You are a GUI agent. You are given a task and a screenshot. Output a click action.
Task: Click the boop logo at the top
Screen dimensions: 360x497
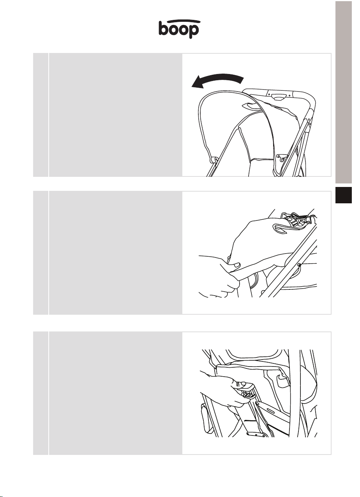pyautogui.click(x=179, y=29)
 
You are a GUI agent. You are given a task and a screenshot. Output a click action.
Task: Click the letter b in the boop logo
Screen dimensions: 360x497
pyautogui.click(x=163, y=28)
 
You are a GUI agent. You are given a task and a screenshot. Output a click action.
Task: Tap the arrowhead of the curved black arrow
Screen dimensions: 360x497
pyautogui.click(x=198, y=83)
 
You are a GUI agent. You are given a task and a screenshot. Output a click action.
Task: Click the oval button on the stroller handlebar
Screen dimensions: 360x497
pyautogui.click(x=279, y=97)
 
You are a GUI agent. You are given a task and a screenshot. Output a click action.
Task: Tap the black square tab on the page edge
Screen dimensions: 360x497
pyautogui.click(x=344, y=195)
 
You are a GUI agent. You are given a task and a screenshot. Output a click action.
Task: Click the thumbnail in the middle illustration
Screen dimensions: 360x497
pyautogui.click(x=237, y=264)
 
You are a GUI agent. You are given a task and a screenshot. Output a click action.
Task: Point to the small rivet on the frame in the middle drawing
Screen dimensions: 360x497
pyautogui.click(x=299, y=264)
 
